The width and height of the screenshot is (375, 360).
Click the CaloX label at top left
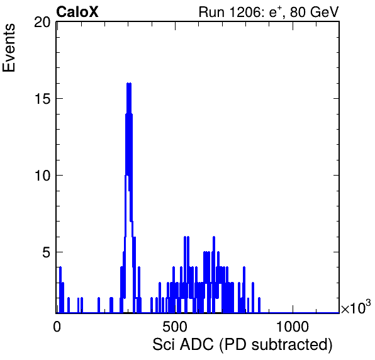pyautogui.click(x=77, y=12)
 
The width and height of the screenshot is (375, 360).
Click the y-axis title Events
pyautogui.click(x=9, y=48)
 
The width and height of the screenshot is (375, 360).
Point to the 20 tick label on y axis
pyautogui.click(x=42, y=23)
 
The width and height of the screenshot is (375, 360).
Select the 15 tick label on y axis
pyautogui.click(x=42, y=99)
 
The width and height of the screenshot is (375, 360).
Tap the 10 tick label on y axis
pyautogui.click(x=42, y=176)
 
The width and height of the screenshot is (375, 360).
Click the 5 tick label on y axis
pyautogui.click(x=47, y=252)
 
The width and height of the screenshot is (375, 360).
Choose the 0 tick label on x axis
pyautogui.click(x=57, y=327)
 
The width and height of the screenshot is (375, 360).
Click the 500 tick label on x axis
pyautogui.click(x=174, y=327)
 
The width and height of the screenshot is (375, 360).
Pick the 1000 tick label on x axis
pyautogui.click(x=293, y=327)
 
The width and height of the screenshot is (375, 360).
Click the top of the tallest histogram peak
pyautogui.click(x=129, y=83)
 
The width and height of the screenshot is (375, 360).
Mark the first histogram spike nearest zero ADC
pyautogui.click(x=60, y=290)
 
